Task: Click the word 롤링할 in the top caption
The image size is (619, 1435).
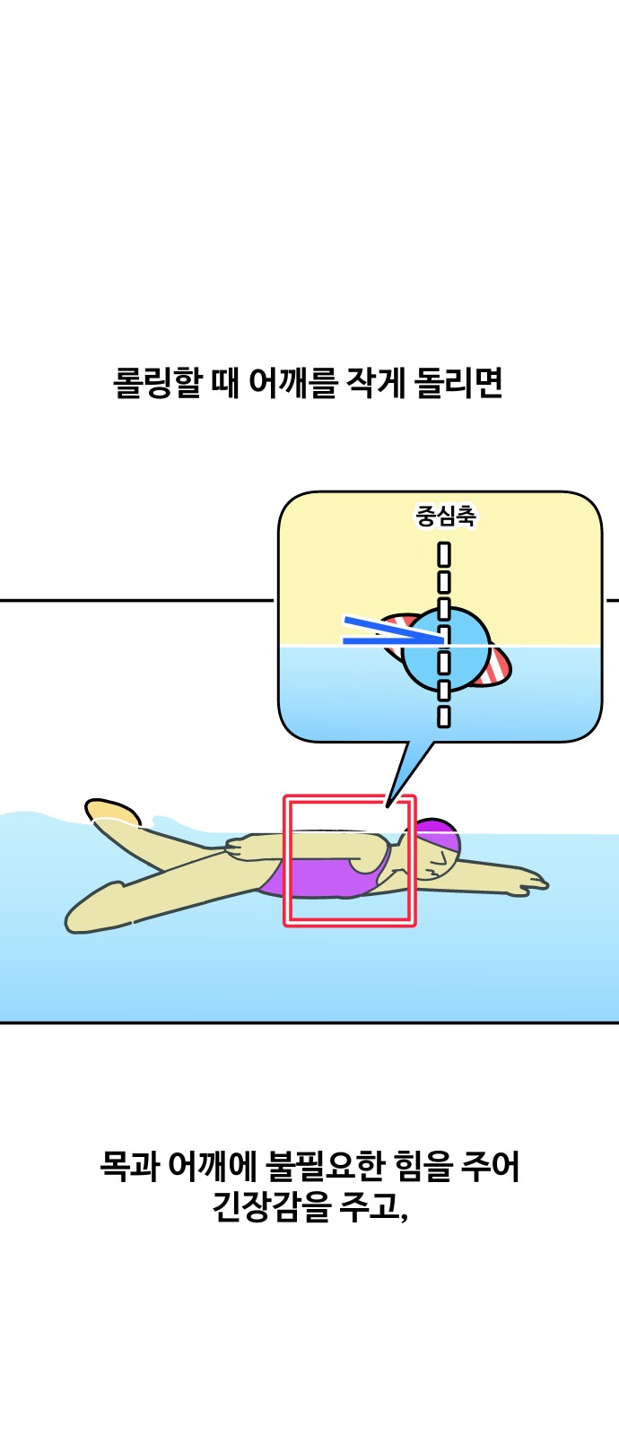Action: [x=157, y=383]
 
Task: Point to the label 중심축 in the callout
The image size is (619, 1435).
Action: [x=445, y=517]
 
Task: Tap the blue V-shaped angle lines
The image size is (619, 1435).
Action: [x=392, y=631]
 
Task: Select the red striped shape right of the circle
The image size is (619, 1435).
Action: [x=496, y=665]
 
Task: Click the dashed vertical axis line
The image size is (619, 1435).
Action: [x=443, y=636]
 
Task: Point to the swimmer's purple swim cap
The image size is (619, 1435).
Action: [x=437, y=833]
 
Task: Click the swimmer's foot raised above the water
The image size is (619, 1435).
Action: [x=114, y=813]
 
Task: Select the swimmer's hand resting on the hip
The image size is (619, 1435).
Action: [x=240, y=848]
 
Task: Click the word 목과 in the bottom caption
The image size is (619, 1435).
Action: [x=128, y=1166]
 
